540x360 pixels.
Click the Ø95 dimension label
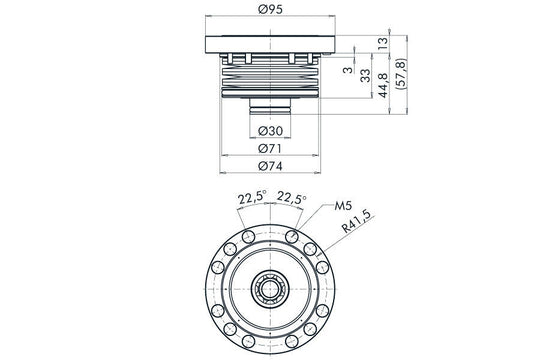tap(271, 9)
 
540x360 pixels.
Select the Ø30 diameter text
tap(271, 131)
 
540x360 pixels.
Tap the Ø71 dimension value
tap(271, 148)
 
